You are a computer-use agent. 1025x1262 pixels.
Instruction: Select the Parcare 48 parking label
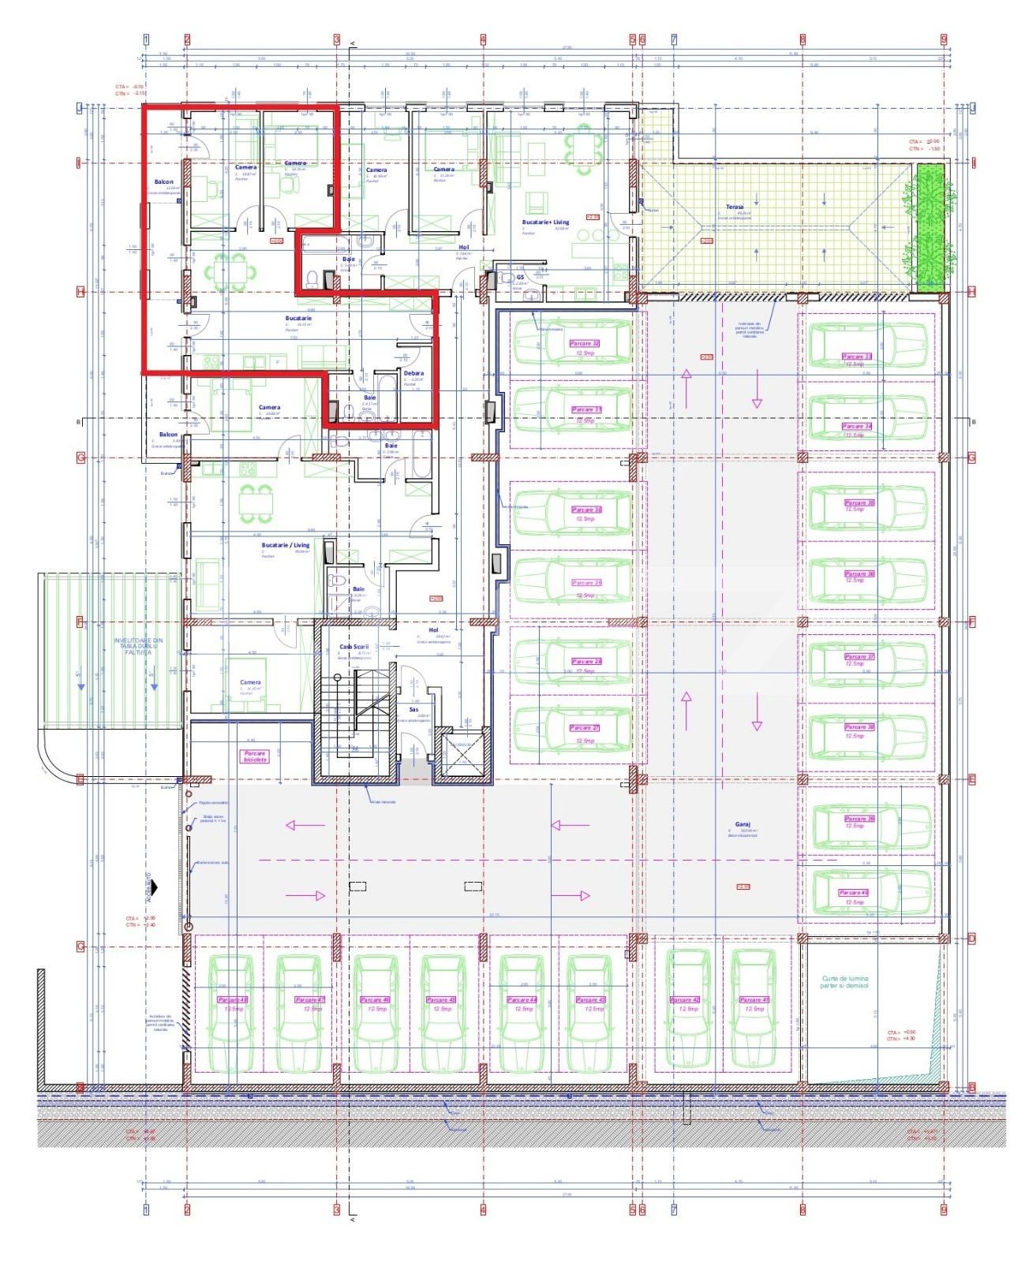233,999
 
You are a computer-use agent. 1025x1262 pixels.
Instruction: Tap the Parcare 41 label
753,999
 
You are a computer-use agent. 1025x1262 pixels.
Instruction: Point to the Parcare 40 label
855,893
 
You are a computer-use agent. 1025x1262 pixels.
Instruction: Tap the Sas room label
413,710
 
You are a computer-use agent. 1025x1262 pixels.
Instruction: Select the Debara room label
413,373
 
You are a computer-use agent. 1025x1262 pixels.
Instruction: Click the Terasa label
735,207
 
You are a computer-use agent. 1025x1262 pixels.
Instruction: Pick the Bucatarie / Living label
286,545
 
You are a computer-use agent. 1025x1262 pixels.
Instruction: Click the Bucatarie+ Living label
545,222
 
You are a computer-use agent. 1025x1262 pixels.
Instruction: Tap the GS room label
521,278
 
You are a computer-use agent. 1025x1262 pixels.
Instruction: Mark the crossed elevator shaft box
461,757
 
